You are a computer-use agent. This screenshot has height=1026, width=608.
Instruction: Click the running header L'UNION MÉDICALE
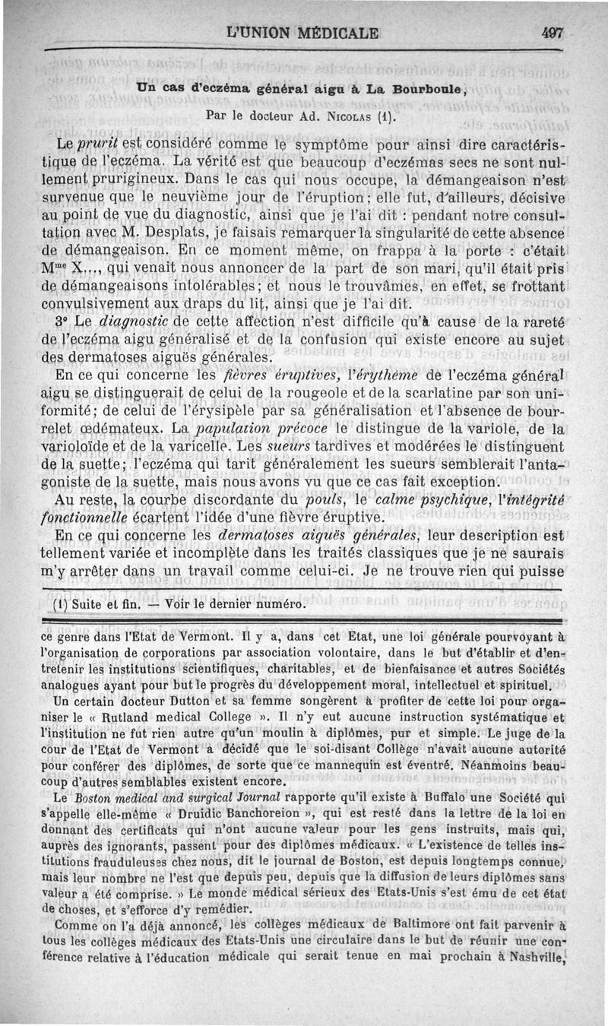click(303, 33)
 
